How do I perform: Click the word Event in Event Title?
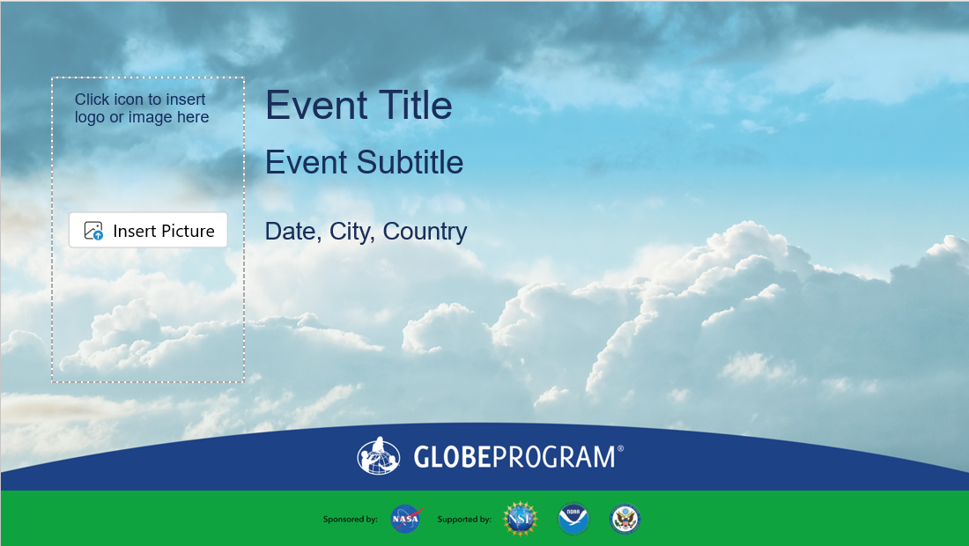pyautogui.click(x=316, y=105)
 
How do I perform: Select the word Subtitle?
pyautogui.click(x=410, y=162)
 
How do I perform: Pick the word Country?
pyautogui.click(x=425, y=232)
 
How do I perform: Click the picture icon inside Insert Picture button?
pyautogui.click(x=93, y=231)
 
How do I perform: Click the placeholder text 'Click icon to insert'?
pyautogui.click(x=140, y=100)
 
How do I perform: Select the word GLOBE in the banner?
pyautogui.click(x=452, y=457)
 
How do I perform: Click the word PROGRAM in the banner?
pyautogui.click(x=554, y=457)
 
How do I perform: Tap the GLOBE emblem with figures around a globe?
pyautogui.click(x=378, y=456)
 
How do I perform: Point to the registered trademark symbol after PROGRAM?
pyautogui.click(x=620, y=448)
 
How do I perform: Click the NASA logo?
pyautogui.click(x=406, y=519)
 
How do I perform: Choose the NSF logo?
pyautogui.click(x=521, y=519)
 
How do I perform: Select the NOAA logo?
pyautogui.click(x=573, y=519)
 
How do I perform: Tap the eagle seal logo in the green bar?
pyautogui.click(x=625, y=519)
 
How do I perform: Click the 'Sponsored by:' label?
pyautogui.click(x=350, y=520)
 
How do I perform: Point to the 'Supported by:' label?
pyautogui.click(x=464, y=520)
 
